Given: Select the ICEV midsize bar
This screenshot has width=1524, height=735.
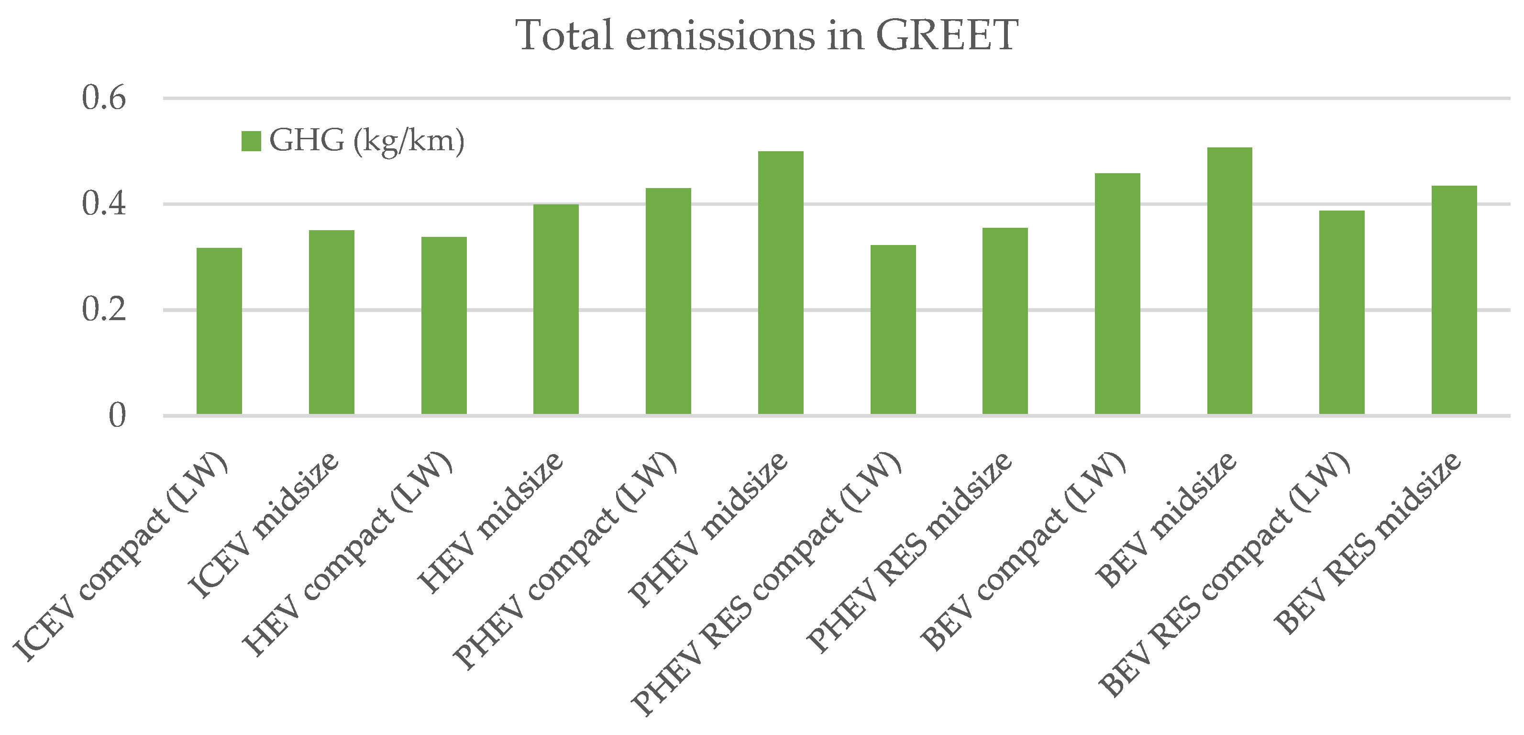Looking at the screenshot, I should point(331,322).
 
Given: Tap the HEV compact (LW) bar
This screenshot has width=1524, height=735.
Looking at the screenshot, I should point(444,325).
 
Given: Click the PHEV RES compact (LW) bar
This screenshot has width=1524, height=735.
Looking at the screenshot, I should point(893,329).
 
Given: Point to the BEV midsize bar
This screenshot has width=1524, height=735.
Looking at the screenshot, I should point(1229,280).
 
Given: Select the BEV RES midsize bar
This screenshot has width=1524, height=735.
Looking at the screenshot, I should point(1454,300).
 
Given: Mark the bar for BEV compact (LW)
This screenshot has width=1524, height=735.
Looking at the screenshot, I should point(1117,293).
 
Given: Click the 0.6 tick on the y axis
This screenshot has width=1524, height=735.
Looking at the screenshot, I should point(104,98).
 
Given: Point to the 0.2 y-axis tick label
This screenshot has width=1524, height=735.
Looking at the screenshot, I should point(104,309).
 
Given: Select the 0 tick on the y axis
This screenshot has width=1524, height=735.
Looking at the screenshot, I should point(117,415).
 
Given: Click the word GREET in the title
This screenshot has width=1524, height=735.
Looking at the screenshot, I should point(946,35).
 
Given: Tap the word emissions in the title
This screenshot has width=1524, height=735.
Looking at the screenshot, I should point(719,35).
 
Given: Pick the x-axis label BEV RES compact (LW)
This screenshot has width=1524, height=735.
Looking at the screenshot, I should point(1225,574).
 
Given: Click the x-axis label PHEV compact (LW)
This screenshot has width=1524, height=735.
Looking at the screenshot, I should point(565,559).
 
